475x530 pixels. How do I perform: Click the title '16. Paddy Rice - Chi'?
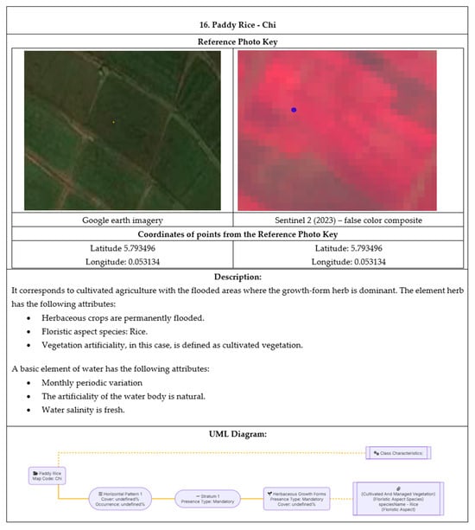[237, 21]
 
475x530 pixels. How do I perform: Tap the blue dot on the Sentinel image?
[294, 110]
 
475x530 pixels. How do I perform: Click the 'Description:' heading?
[237, 277]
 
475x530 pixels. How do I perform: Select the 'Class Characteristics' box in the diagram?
[398, 452]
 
